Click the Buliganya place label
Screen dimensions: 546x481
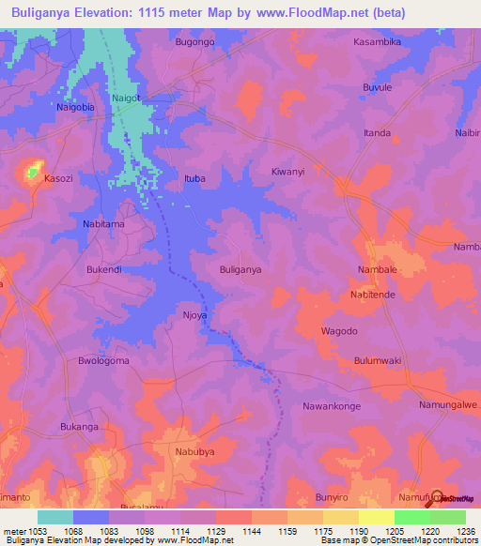pyautogui.click(x=240, y=269)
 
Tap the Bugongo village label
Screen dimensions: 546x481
pyautogui.click(x=195, y=43)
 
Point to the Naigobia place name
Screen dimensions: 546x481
pyautogui.click(x=76, y=108)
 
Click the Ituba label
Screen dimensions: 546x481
pyautogui.click(x=194, y=178)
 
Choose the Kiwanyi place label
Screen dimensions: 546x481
pyautogui.click(x=287, y=173)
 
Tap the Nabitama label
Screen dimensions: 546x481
pyautogui.click(x=103, y=224)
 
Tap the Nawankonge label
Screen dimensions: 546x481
pyautogui.click(x=333, y=406)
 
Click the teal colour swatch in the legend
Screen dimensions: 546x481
pyautogui.click(x=55, y=517)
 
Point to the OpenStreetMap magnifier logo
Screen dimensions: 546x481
pyautogui.click(x=435, y=498)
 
